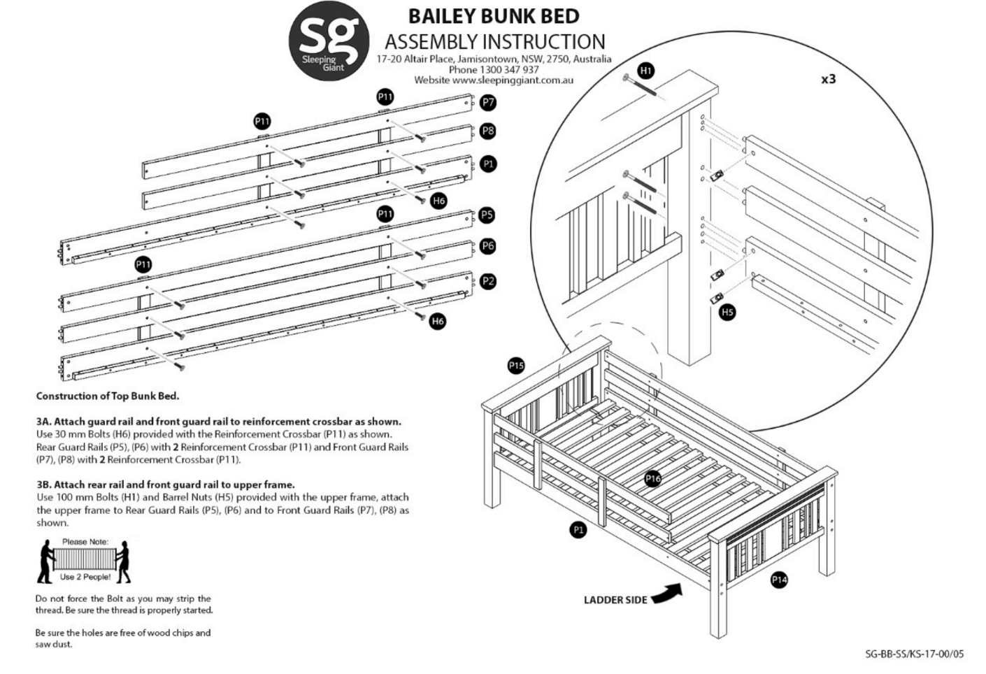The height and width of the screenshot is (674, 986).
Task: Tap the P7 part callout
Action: pyautogui.click(x=488, y=103)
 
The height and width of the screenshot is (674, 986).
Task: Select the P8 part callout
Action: pyautogui.click(x=488, y=131)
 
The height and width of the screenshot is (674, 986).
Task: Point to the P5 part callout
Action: pyautogui.click(x=487, y=215)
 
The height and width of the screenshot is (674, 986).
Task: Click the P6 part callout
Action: pyautogui.click(x=487, y=245)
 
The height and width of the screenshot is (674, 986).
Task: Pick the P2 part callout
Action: pyautogui.click(x=488, y=281)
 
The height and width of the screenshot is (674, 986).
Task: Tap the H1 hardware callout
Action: pyautogui.click(x=645, y=71)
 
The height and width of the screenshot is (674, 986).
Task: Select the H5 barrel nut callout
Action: pyautogui.click(x=727, y=312)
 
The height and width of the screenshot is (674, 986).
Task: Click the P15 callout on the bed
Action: pyautogui.click(x=516, y=366)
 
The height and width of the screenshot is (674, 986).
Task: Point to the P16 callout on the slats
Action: pyautogui.click(x=652, y=478)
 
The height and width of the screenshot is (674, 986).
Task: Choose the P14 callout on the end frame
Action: pyautogui.click(x=779, y=579)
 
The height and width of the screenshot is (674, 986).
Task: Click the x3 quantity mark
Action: pyautogui.click(x=828, y=79)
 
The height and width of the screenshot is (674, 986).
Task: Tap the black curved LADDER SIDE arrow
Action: pyautogui.click(x=666, y=594)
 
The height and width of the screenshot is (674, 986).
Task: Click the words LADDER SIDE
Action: pyautogui.click(x=615, y=600)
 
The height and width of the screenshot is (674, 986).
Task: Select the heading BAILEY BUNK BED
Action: pyautogui.click(x=494, y=15)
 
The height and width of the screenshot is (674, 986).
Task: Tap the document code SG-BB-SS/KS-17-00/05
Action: pyautogui.click(x=914, y=654)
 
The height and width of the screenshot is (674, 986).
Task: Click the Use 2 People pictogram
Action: pyautogui.click(x=85, y=561)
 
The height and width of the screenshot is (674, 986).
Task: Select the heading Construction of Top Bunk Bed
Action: pyautogui.click(x=108, y=396)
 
